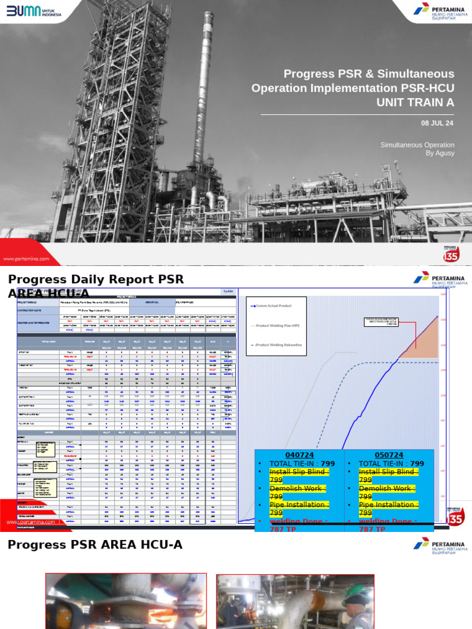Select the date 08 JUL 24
tap(437, 123)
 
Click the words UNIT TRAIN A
tap(415, 103)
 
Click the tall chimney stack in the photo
tap(204, 80)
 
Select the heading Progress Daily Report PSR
tap(95, 279)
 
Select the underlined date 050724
tap(388, 455)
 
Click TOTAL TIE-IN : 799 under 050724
tap(391, 464)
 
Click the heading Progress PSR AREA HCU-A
tap(95, 545)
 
